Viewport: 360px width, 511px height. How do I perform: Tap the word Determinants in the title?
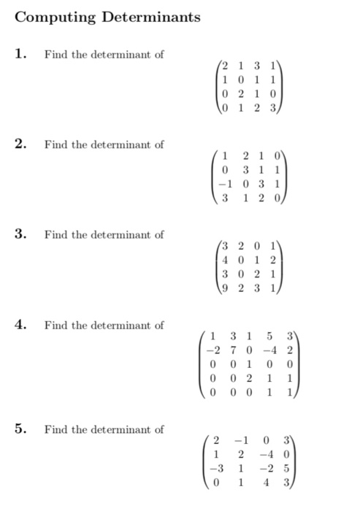coord(150,17)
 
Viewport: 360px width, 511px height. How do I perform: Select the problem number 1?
coord(23,54)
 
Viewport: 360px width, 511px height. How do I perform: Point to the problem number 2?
coord(23,144)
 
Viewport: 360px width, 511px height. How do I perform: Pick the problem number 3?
coord(23,234)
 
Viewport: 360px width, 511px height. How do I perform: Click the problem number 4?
coord(23,325)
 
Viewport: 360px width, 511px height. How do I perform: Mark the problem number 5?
coord(23,429)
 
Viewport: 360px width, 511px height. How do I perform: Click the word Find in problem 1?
coord(53,55)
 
